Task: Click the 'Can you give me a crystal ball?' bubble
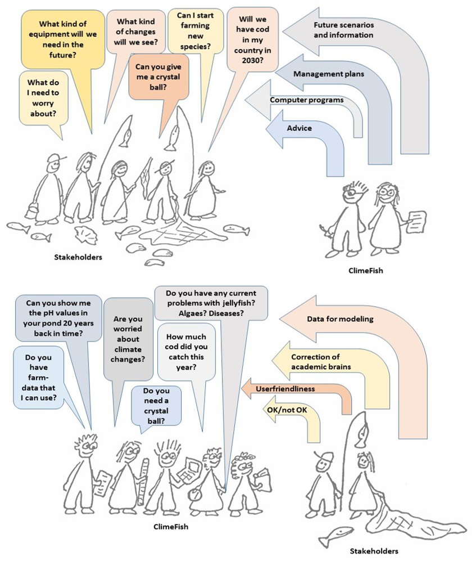[158, 77]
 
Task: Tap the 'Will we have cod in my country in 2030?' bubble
[252, 39]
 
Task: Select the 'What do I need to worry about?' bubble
[43, 98]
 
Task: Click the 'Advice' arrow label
[300, 128]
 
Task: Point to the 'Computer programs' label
[306, 100]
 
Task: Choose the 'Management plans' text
[329, 74]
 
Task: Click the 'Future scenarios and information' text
[343, 30]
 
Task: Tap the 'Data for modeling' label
[340, 319]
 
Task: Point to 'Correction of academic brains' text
[321, 362]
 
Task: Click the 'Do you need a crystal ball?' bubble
[156, 405]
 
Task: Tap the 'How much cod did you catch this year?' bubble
[187, 352]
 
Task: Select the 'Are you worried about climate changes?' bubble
[128, 339]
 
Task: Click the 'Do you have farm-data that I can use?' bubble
[39, 377]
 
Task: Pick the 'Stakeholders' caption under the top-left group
[78, 257]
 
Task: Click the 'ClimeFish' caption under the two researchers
[365, 270]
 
